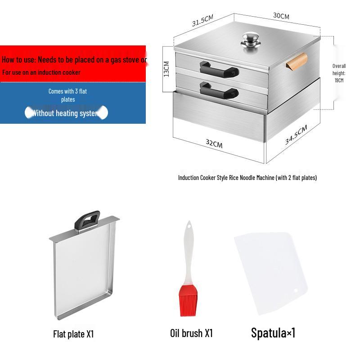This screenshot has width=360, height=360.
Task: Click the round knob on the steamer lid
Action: click(249, 40)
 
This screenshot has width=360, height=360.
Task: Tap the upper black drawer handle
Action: click(219, 69)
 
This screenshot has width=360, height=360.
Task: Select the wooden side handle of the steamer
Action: click(297, 62)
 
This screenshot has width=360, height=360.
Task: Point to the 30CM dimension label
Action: click(281, 16)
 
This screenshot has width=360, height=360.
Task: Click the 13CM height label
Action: click(166, 69)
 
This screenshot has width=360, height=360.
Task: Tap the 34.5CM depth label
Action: click(296, 135)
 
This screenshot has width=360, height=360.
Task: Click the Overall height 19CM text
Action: click(339, 73)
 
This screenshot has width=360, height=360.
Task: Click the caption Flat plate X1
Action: click(73, 334)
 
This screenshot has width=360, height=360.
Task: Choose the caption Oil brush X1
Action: click(191, 333)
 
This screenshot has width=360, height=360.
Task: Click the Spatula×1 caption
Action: click(273, 333)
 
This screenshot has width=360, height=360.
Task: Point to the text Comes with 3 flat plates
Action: click(68, 95)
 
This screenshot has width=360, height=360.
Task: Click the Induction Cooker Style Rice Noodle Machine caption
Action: click(247, 178)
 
